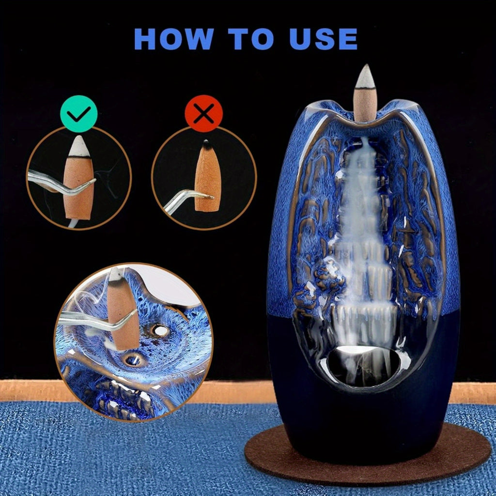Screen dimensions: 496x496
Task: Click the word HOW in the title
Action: click(x=174, y=39)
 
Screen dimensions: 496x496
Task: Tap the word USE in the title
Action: click(x=323, y=39)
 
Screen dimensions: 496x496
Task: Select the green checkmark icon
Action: click(x=79, y=113)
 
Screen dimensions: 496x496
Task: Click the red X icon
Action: click(x=204, y=113)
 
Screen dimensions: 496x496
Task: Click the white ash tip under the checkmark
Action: click(x=79, y=146)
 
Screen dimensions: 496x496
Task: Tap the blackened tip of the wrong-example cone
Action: click(x=206, y=144)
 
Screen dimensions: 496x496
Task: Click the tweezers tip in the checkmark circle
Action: click(x=93, y=181)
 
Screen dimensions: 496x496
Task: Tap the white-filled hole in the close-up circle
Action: click(x=160, y=330)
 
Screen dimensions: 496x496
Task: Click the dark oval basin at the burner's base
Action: click(x=364, y=366)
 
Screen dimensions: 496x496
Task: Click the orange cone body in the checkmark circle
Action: click(x=78, y=186)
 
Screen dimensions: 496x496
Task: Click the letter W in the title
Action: click(x=198, y=39)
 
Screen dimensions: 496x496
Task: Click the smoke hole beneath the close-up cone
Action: click(x=133, y=360)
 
